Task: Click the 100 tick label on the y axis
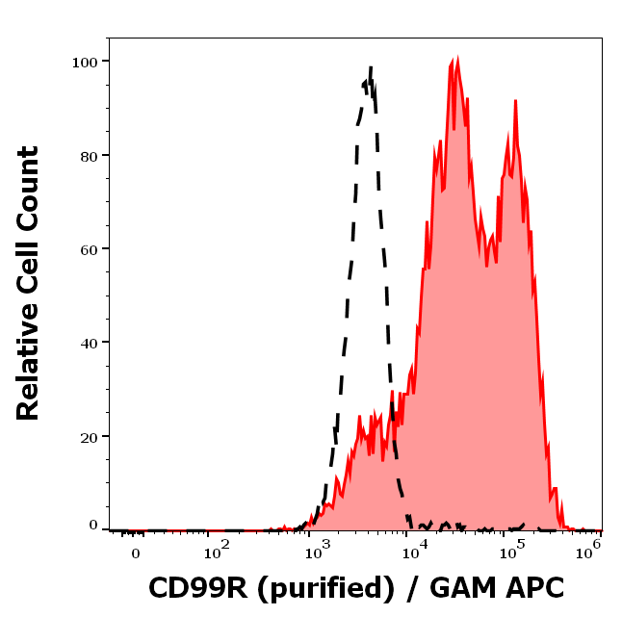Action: click(85, 62)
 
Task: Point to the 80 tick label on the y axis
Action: click(89, 155)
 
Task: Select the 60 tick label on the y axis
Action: click(89, 248)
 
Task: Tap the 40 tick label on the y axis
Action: click(89, 343)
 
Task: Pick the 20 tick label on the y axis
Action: click(89, 436)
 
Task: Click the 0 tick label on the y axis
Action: click(93, 526)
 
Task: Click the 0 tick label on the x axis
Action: click(135, 553)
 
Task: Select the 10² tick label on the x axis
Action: click(216, 551)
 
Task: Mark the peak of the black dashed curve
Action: click(370, 67)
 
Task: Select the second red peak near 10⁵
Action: click(515, 101)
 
